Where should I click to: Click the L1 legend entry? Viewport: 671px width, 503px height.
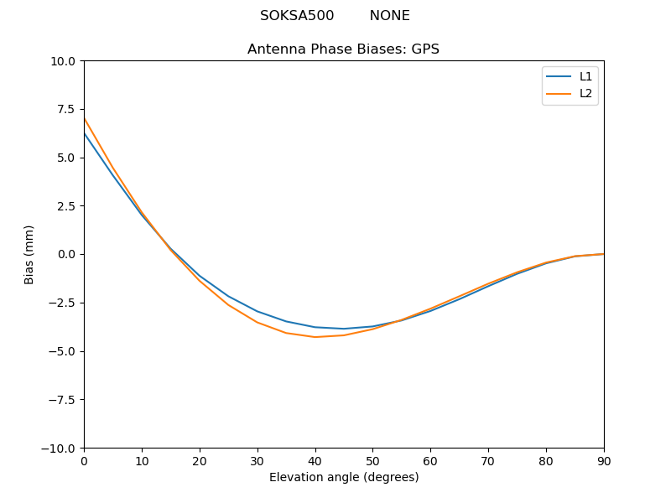click(585, 76)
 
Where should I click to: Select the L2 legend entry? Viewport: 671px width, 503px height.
click(585, 93)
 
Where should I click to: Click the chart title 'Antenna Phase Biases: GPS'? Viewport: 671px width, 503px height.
click(343, 49)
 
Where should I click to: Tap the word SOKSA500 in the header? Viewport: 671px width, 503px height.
click(297, 16)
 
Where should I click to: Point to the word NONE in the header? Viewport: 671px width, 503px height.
click(389, 16)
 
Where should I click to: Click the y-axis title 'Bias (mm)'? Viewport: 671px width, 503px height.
click(29, 254)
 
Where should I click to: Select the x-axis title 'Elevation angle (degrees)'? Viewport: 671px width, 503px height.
click(344, 477)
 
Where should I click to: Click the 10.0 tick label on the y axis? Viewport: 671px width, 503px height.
click(63, 61)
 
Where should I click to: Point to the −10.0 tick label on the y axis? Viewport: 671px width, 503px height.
click(59, 448)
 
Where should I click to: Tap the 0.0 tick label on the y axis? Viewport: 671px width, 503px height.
click(66, 254)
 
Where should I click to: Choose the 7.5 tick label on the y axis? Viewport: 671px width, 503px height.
click(66, 109)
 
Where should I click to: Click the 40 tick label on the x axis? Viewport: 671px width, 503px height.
click(315, 461)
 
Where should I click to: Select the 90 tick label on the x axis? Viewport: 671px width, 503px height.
click(604, 461)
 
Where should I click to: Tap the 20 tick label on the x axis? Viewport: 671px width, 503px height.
click(200, 461)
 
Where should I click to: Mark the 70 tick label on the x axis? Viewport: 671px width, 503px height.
click(488, 461)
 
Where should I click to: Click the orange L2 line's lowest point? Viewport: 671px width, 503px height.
click(315, 337)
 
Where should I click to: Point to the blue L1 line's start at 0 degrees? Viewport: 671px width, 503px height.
click(85, 133)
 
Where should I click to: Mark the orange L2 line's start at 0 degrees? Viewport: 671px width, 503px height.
click(85, 117)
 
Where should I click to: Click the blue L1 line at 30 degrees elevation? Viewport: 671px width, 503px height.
click(257, 311)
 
